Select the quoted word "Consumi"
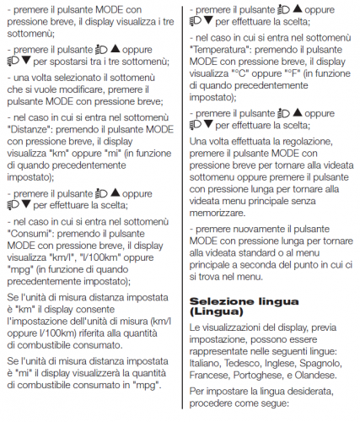(31, 232)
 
